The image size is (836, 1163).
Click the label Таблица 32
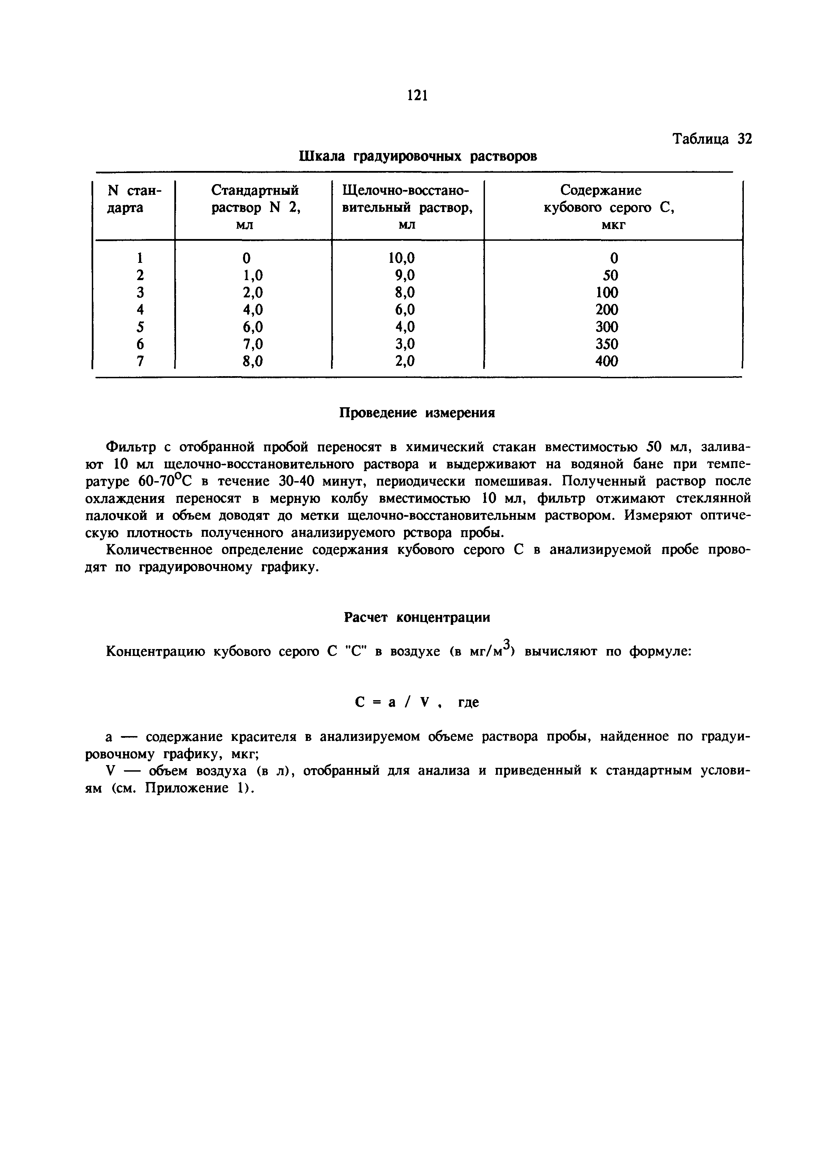pos(712,140)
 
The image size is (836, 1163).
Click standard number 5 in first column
pos(140,327)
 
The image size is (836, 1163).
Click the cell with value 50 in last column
pos(610,275)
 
